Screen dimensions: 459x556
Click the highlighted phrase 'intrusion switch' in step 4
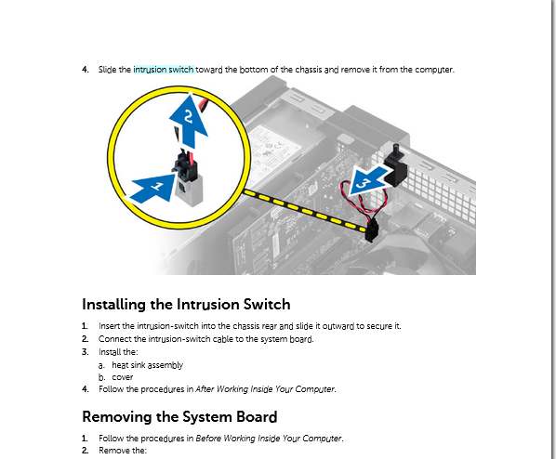click(164, 70)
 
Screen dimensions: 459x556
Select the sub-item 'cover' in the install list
click(122, 377)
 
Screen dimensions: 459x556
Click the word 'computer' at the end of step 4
click(434, 70)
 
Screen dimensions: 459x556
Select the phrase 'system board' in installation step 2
click(288, 339)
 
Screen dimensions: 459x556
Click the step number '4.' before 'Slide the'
click(86, 70)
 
